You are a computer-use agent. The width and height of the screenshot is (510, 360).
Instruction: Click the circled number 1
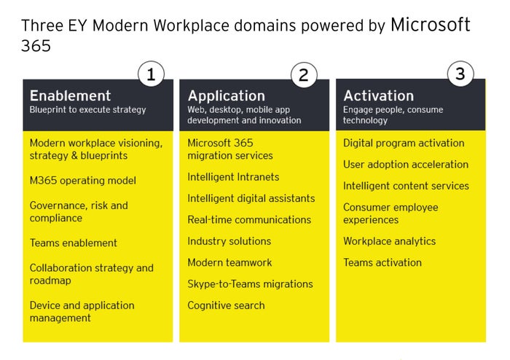pos(151,74)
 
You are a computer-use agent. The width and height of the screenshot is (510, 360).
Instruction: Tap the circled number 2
pos(303,74)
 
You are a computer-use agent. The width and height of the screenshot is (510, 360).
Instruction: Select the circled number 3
pos(460,73)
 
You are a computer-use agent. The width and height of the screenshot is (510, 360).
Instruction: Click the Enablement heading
pos(70,95)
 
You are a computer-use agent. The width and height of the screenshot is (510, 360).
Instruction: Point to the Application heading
pos(226,95)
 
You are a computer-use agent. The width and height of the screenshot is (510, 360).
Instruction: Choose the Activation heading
pos(378,95)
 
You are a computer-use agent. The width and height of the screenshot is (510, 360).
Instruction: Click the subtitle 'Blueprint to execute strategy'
pos(87,109)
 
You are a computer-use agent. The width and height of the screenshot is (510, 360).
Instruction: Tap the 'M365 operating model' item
pos(82,181)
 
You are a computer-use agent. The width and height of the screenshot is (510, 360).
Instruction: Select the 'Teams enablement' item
pos(73,243)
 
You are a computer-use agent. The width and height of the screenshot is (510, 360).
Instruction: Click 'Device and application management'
pos(82,311)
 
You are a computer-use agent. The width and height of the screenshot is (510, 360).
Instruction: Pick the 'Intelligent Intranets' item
pos(233,177)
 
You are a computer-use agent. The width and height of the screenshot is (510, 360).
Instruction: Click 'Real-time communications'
pos(249,219)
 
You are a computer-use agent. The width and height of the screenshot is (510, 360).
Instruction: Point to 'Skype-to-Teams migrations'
pos(250,283)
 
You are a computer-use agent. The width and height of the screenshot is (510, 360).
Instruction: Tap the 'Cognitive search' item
pos(226,305)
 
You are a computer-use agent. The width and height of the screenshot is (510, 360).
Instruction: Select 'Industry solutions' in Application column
pos(229,241)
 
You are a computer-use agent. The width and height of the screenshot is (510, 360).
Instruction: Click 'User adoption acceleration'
pos(406,165)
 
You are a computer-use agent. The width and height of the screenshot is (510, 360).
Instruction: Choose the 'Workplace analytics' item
pos(389,241)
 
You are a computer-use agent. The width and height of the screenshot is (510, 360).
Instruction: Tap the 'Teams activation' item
pos(382,262)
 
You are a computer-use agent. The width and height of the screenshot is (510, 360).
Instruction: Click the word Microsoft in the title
pos(430,25)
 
